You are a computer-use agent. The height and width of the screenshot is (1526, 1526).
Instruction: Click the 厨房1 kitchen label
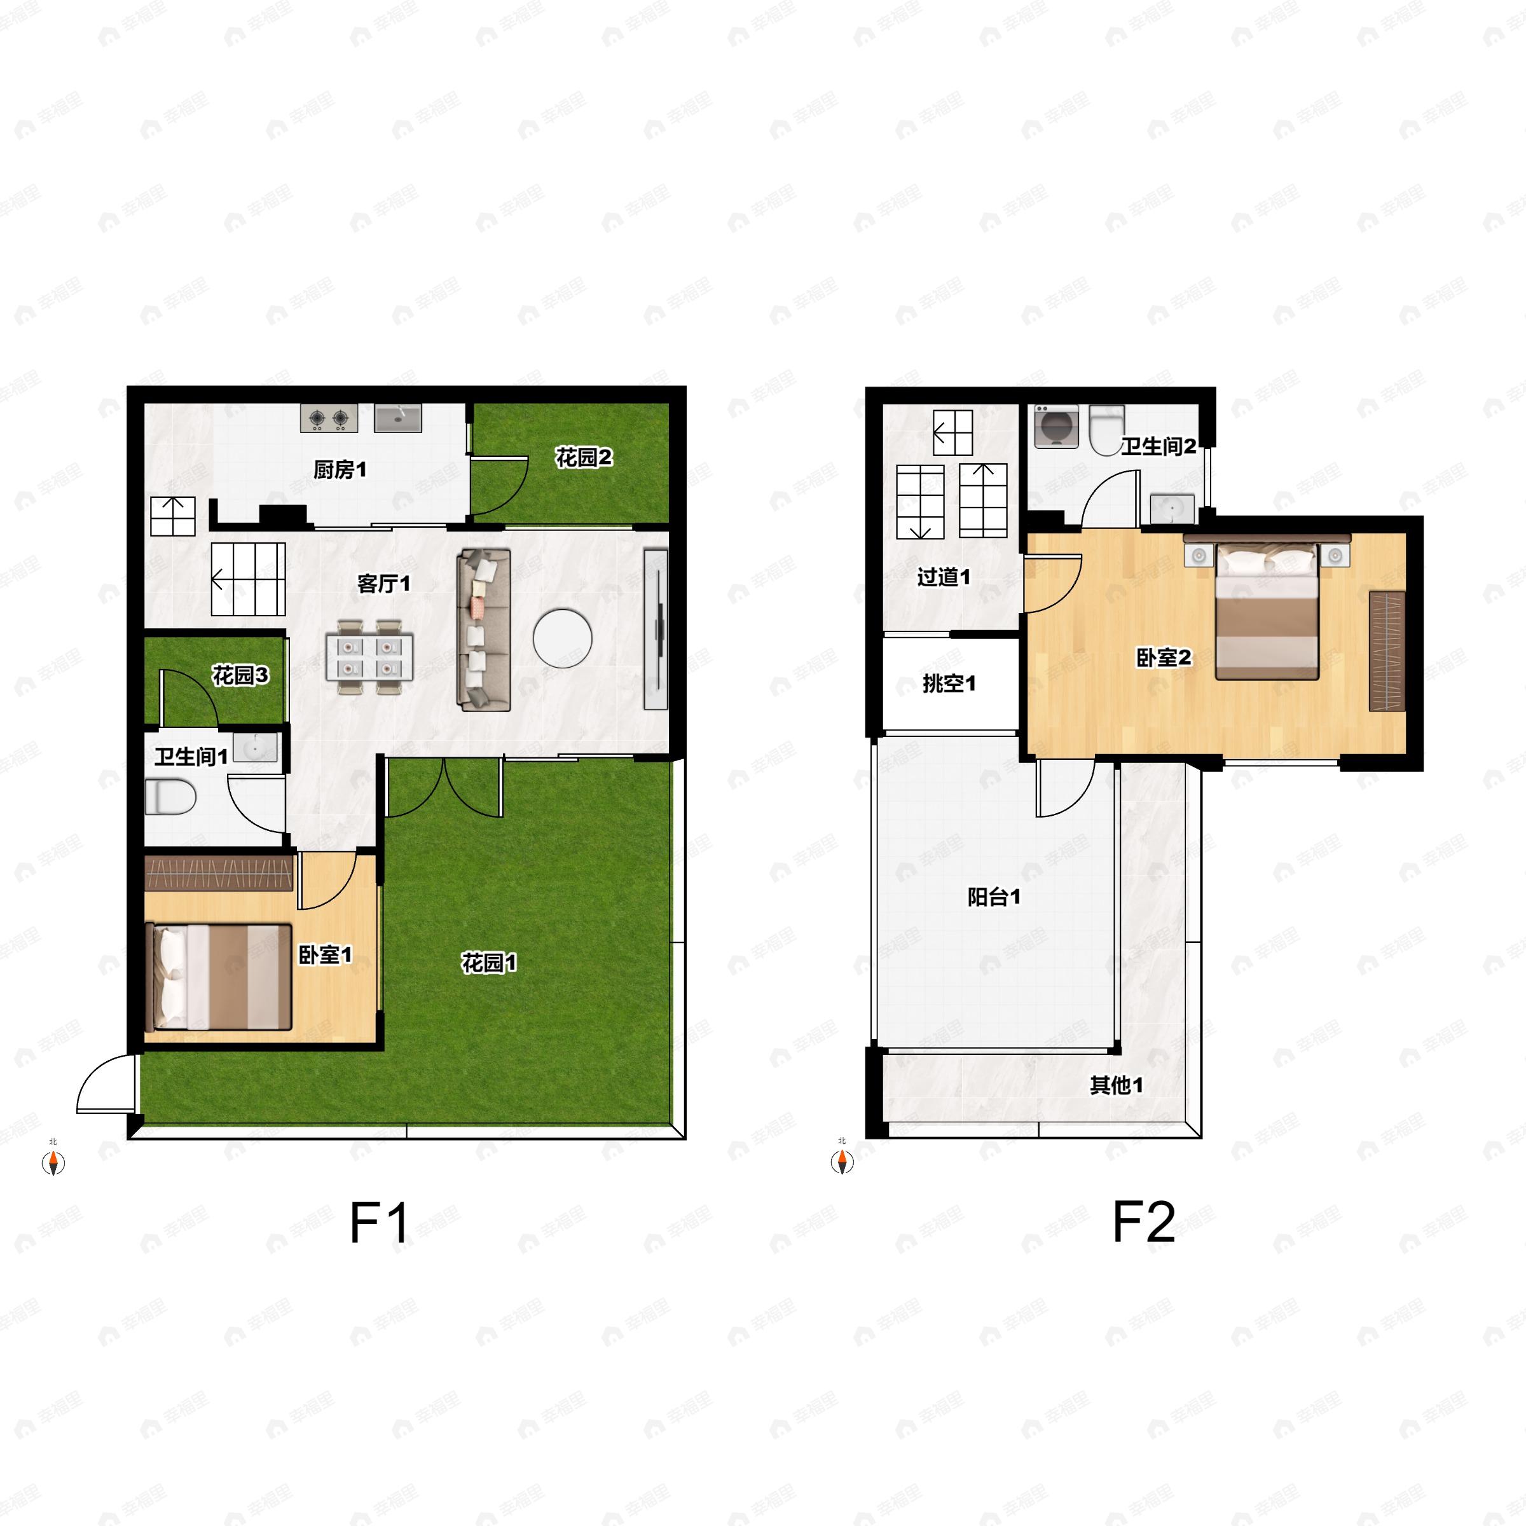(x=340, y=470)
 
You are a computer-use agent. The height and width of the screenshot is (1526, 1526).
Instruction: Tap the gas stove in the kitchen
(x=329, y=418)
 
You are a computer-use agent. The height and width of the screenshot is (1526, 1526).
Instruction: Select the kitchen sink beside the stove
(x=398, y=418)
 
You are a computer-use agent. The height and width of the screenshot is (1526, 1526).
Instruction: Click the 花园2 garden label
(x=584, y=457)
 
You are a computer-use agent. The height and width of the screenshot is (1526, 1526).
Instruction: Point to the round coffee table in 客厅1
(x=562, y=637)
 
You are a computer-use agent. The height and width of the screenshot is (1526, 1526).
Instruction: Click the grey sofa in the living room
(x=483, y=629)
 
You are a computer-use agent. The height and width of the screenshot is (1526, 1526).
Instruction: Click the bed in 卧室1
(x=219, y=977)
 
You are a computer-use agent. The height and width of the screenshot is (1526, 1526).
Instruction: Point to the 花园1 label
(x=489, y=963)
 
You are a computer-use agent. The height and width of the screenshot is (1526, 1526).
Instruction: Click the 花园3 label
(x=240, y=675)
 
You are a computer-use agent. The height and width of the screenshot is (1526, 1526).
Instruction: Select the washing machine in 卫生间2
(x=1056, y=427)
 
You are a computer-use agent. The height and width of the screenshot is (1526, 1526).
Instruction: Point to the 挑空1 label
(x=949, y=684)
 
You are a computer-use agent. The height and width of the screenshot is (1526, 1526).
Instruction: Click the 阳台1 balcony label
(x=994, y=897)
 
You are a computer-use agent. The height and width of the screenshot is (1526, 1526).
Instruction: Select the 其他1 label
(x=1116, y=1085)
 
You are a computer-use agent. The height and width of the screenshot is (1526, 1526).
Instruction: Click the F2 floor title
(x=1144, y=1222)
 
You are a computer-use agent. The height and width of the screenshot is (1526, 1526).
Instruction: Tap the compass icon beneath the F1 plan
(x=53, y=1161)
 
